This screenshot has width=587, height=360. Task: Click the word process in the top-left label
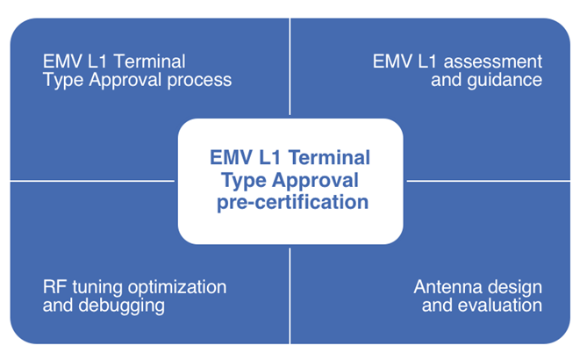click(x=199, y=81)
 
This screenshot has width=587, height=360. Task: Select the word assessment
click(x=492, y=61)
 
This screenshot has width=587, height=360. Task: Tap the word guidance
click(x=505, y=81)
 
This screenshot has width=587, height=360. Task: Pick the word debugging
click(x=122, y=306)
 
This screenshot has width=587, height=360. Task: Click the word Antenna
click(x=445, y=287)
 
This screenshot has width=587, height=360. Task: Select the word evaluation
click(x=500, y=306)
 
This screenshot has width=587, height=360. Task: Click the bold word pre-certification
click(x=292, y=203)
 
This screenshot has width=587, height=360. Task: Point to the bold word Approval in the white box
click(x=315, y=180)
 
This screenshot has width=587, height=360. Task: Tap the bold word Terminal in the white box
click(x=329, y=157)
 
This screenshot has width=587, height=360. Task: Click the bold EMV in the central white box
click(x=231, y=157)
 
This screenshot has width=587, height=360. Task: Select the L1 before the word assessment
click(x=427, y=61)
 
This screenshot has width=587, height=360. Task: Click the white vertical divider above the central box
click(x=290, y=67)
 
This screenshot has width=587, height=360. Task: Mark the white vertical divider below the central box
click(x=290, y=296)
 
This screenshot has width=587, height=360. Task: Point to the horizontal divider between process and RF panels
click(x=92, y=181)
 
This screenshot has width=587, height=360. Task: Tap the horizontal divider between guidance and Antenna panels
click(x=489, y=181)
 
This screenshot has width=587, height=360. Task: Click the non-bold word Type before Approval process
click(x=63, y=81)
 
